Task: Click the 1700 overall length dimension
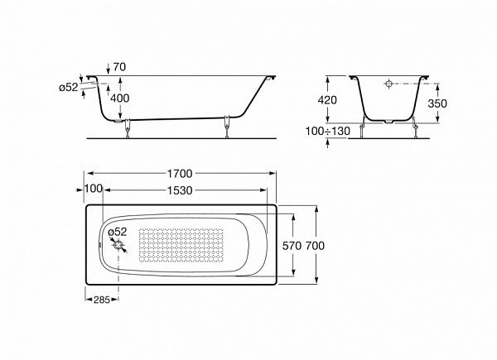[180, 174]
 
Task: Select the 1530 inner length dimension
[180, 190]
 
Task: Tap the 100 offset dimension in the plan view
[94, 189]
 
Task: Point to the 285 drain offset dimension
[102, 300]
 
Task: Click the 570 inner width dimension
[292, 246]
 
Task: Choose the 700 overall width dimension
[315, 246]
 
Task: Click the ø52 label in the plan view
[118, 232]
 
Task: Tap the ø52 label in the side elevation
[69, 87]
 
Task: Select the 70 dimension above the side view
[119, 67]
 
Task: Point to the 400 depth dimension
[120, 98]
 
